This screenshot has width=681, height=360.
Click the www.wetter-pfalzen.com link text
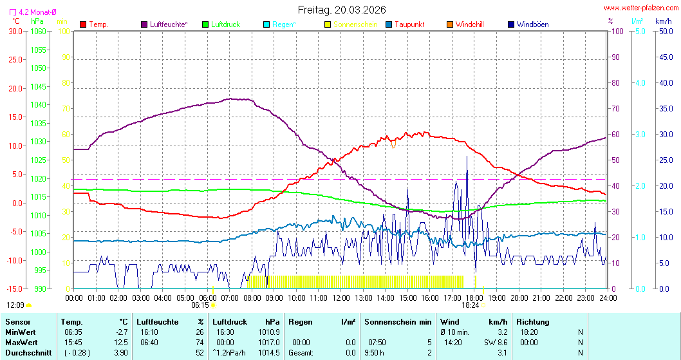pyautogui.click(x=640, y=8)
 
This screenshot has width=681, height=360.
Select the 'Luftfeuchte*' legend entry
pyautogui.click(x=169, y=24)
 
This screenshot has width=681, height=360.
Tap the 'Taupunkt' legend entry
pyautogui.click(x=409, y=24)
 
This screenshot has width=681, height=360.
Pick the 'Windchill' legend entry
pyautogui.click(x=469, y=24)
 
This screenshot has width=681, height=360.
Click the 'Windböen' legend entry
pyautogui.click(x=532, y=24)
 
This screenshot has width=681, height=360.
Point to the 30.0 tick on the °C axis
pyautogui.click(x=15, y=31)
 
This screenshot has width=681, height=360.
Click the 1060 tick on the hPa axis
pyautogui.click(x=39, y=31)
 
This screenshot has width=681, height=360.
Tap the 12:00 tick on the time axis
pyautogui.click(x=341, y=298)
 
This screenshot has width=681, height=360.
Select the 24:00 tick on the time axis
pyautogui.click(x=608, y=298)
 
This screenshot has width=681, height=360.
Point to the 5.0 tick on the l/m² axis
pyautogui.click(x=640, y=31)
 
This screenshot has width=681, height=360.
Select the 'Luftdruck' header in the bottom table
pyautogui.click(x=230, y=322)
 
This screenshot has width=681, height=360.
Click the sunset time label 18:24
pyautogui.click(x=471, y=305)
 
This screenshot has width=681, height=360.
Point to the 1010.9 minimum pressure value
pyautogui.click(x=268, y=332)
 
